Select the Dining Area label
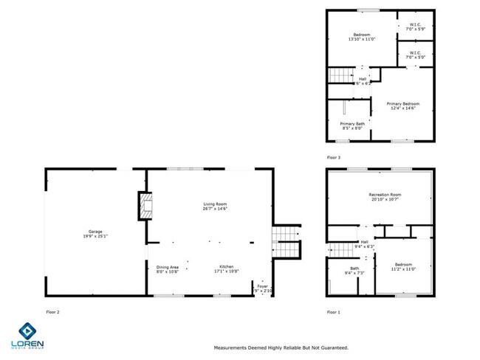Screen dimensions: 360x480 click(x=168, y=269)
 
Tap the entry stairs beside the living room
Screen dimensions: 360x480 click(x=285, y=240)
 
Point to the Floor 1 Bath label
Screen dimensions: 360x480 click(x=354, y=269)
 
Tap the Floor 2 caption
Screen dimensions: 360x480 click(x=52, y=312)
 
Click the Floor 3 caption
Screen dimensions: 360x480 click(x=334, y=157)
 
